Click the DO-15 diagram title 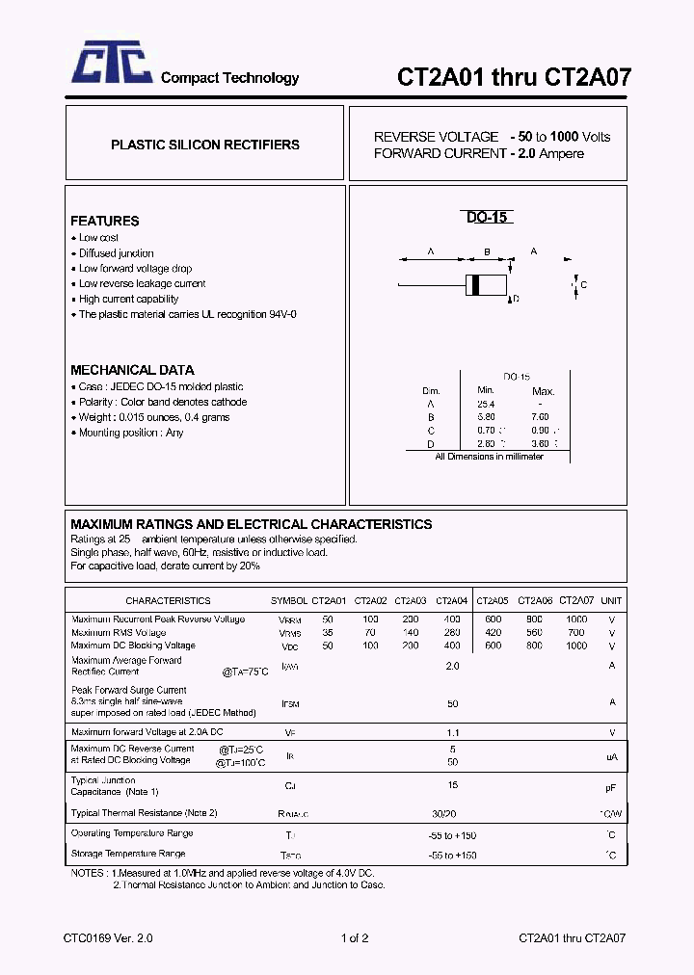click(487, 218)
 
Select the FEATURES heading click(104, 221)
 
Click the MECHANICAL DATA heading click(132, 370)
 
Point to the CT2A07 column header click(576, 600)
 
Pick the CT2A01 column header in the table click(328, 600)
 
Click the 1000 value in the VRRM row click(576, 619)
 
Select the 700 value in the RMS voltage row click(576, 633)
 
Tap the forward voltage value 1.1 click(452, 732)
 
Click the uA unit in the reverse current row click(611, 758)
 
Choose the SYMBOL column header click(289, 600)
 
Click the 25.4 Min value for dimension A click(485, 404)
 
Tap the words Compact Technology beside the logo click(229, 78)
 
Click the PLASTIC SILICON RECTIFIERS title click(204, 145)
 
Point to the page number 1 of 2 click(355, 937)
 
